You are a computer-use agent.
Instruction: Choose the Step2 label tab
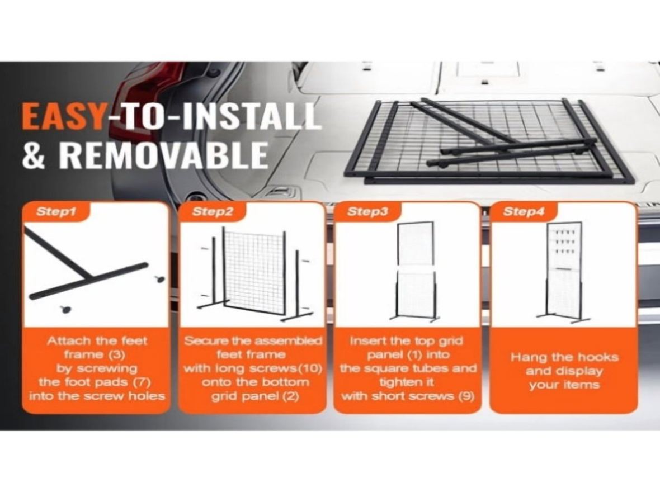pos(212,211)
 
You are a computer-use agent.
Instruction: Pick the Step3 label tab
pos(367,211)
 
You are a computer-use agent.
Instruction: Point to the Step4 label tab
pos(523,211)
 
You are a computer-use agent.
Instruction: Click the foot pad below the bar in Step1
pos(66,309)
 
